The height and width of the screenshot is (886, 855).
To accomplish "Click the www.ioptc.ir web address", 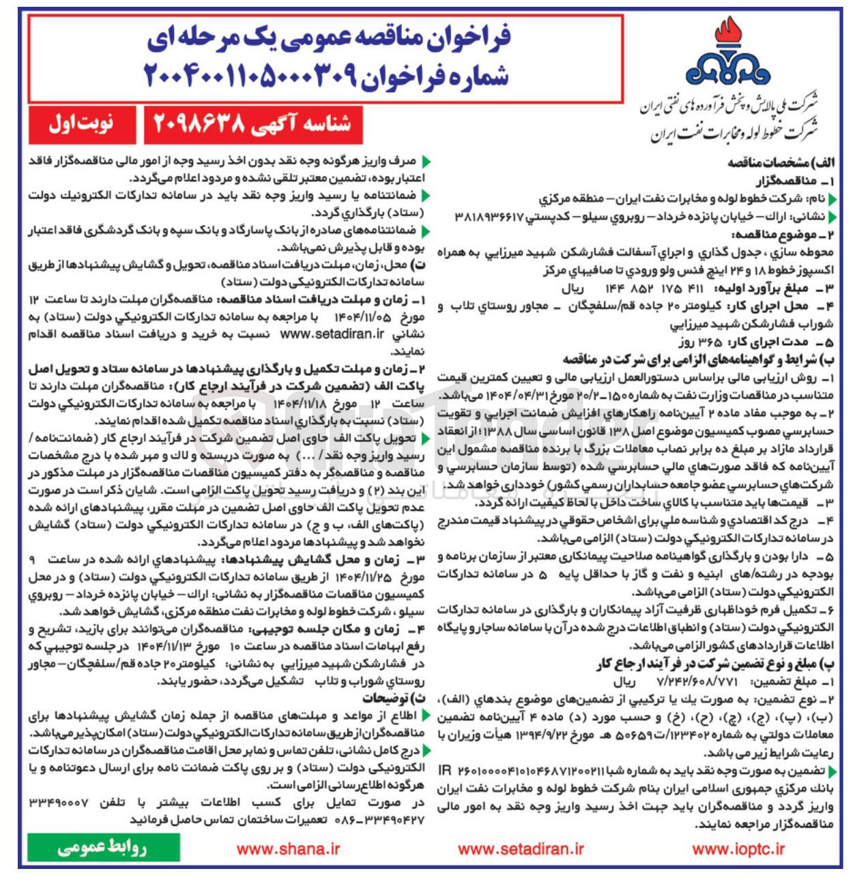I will click(x=738, y=849).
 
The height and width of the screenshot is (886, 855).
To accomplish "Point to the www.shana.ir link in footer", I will click(x=288, y=849).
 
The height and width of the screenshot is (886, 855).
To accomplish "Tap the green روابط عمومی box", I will click(x=102, y=848).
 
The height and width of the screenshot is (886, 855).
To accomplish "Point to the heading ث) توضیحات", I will click(x=392, y=698).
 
